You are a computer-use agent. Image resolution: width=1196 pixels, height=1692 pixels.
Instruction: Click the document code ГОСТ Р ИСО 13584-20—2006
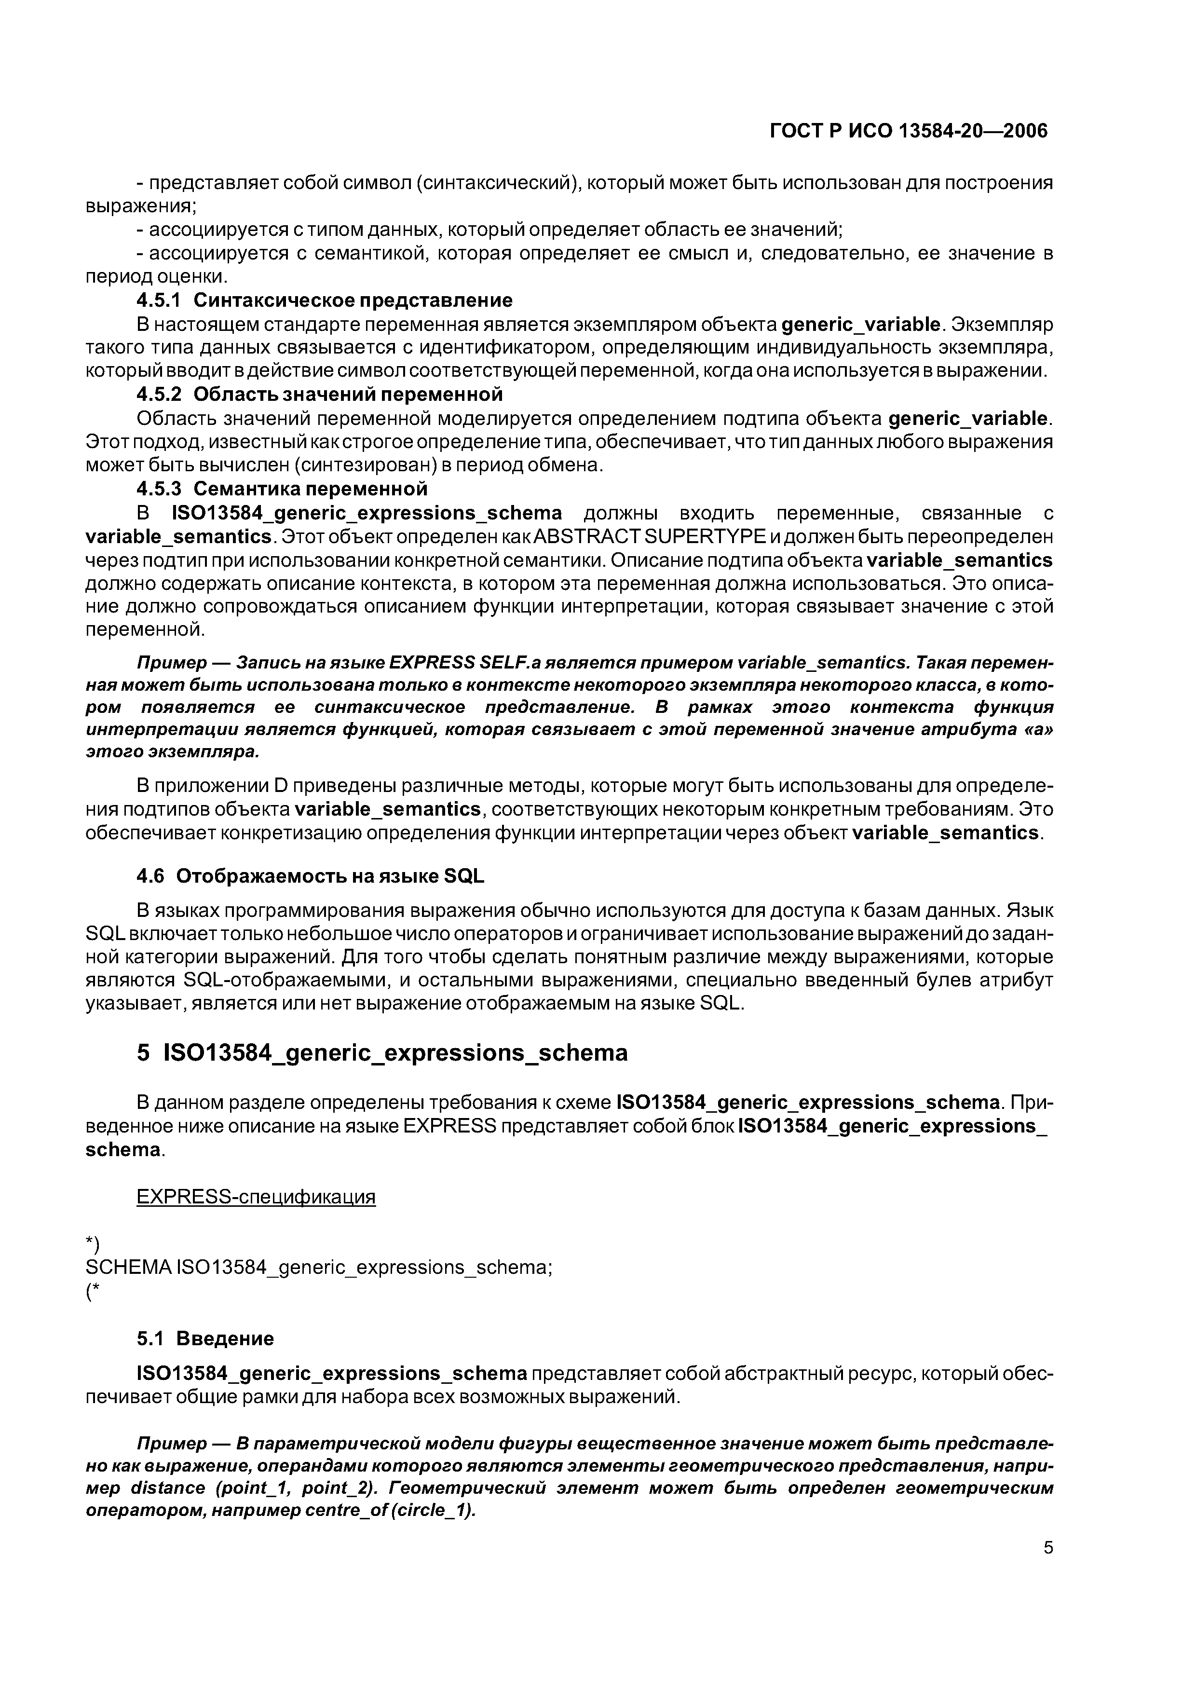coord(908,131)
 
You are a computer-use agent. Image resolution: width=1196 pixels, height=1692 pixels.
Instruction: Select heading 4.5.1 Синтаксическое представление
coord(324,300)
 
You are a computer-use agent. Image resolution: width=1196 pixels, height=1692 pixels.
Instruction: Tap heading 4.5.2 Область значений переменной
coord(320,394)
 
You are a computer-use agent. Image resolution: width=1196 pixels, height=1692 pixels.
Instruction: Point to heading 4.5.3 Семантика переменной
coord(282,489)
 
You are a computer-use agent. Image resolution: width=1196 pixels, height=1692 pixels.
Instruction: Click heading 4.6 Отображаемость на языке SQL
coord(310,876)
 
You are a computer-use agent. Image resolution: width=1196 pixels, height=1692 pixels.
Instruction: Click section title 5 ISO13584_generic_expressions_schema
coord(382,1052)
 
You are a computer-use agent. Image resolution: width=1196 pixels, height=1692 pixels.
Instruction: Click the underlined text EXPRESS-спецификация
coord(256,1196)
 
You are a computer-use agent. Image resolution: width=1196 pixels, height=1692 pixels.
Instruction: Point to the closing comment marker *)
coord(92,1244)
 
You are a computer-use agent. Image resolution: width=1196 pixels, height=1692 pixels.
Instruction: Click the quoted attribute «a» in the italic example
coord(1037,730)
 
